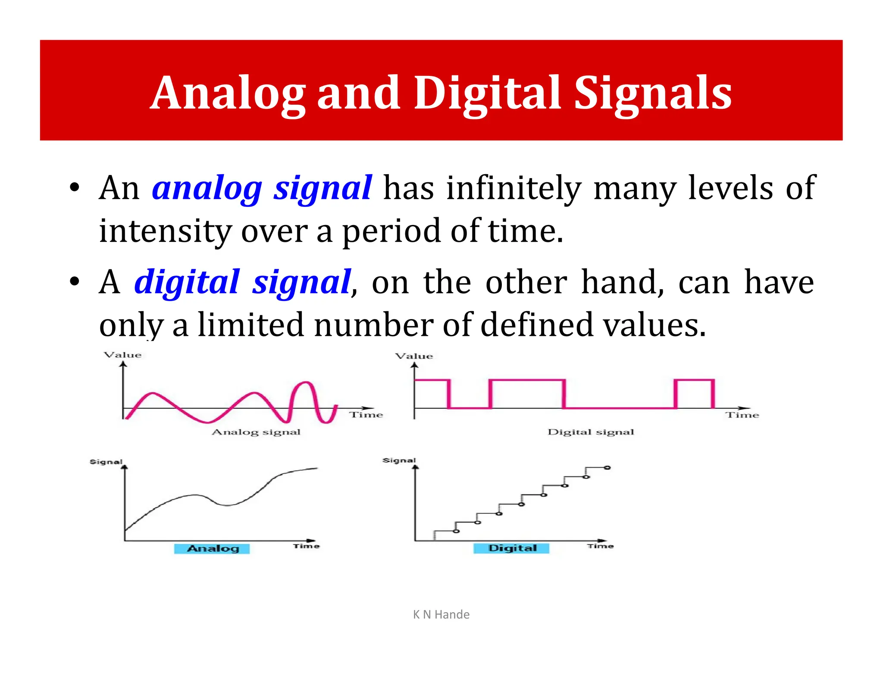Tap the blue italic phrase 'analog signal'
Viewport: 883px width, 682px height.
point(262,188)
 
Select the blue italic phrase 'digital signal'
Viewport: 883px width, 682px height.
point(243,282)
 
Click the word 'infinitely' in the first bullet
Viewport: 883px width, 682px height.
point(514,188)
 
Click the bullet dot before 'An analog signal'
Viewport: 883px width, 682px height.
point(75,188)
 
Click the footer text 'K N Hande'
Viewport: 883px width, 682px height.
point(441,614)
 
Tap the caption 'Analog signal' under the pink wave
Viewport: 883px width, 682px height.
point(256,432)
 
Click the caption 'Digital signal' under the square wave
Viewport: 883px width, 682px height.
point(591,432)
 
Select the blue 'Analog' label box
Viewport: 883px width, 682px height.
point(212,548)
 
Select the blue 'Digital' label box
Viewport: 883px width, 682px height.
point(512,548)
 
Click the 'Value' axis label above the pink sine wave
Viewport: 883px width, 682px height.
point(123,355)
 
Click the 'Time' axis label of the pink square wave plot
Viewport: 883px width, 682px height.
point(742,415)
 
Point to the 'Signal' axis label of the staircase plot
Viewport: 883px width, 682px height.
point(399,460)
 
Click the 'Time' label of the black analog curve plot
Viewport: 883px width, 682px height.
point(306,546)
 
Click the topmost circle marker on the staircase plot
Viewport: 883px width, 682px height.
point(607,468)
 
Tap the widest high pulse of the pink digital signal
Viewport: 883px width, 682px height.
point(527,380)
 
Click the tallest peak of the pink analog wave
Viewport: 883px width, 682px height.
point(306,382)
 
